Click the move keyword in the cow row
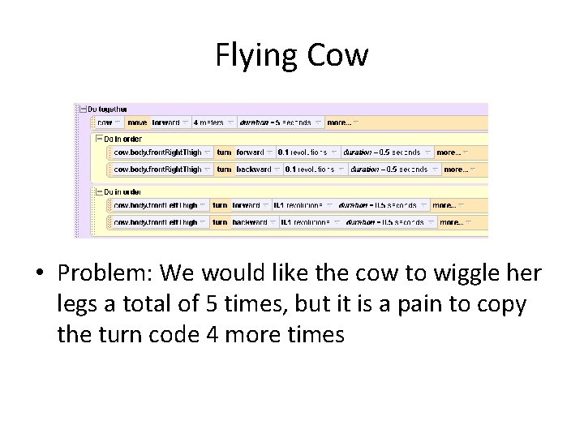pyautogui.click(x=137, y=122)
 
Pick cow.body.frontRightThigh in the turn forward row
pyautogui.click(x=157, y=152)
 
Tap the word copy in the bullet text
pyautogui.click(x=501, y=304)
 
